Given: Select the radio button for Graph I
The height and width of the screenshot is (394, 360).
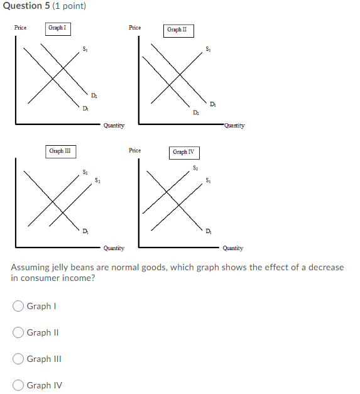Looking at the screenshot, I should [19, 306].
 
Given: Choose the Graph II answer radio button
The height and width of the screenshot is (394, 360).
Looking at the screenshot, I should [19, 332].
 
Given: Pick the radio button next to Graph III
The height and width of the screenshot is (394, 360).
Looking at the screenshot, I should [19, 359].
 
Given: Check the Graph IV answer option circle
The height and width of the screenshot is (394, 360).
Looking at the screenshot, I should [19, 385].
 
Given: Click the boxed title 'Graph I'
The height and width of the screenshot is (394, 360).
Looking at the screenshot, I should [57, 28].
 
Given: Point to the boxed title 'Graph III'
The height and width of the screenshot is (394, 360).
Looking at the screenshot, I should [60, 151].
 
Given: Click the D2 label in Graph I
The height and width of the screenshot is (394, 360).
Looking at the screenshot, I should [94, 95].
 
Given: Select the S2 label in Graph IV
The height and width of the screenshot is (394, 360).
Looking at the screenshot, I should [195, 168].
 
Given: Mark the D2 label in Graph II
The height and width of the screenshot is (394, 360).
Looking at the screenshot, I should [197, 112].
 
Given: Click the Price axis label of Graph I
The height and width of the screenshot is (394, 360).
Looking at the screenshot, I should [21, 28].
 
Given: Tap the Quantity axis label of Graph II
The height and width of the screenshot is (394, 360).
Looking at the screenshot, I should [234, 126].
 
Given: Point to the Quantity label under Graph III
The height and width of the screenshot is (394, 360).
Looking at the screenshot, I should [114, 248].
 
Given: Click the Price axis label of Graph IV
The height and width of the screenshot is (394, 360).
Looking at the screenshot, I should [134, 151].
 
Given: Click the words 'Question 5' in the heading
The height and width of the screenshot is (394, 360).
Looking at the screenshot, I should [25, 6].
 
